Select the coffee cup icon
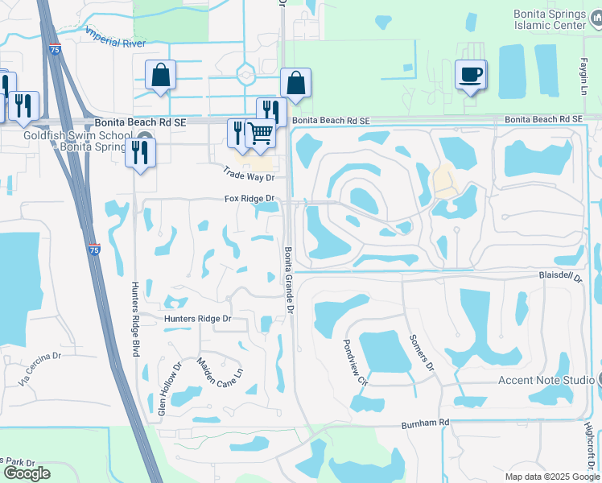click(x=471, y=75)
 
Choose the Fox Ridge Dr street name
click(x=249, y=198)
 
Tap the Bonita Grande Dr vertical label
click(x=288, y=270)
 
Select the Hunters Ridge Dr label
click(x=198, y=319)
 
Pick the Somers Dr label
click(x=421, y=353)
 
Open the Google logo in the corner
click(x=27, y=473)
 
